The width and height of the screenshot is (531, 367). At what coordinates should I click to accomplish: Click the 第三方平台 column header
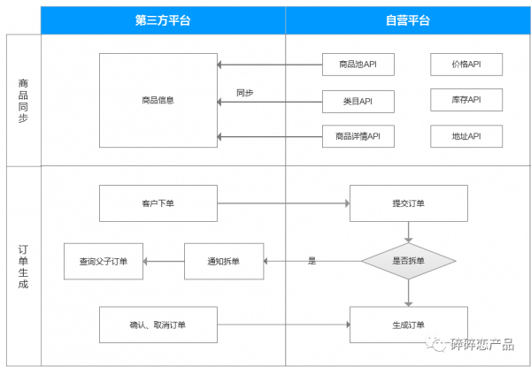pyautogui.click(x=163, y=20)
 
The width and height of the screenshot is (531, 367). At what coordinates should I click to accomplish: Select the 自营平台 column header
pyautogui.click(x=408, y=20)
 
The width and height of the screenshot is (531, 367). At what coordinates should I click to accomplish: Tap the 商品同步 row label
pyautogui.click(x=23, y=101)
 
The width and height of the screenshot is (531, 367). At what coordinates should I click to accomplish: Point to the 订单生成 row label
pyautogui.click(x=23, y=266)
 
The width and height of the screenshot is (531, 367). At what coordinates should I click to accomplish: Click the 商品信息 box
pyautogui.click(x=158, y=100)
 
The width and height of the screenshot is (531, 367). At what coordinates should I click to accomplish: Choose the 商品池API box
pyautogui.click(x=358, y=65)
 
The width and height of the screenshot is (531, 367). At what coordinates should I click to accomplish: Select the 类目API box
pyautogui.click(x=358, y=102)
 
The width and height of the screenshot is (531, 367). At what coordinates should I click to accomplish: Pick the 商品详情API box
pyautogui.click(x=358, y=136)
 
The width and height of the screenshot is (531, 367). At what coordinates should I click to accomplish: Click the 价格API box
pyautogui.click(x=466, y=65)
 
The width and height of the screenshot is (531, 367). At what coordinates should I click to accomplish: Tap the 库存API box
pyautogui.click(x=466, y=100)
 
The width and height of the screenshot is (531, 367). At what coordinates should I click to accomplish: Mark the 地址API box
pyautogui.click(x=466, y=136)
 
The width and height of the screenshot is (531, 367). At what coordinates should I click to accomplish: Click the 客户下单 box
pyautogui.click(x=158, y=203)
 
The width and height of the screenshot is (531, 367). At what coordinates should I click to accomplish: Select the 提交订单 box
pyautogui.click(x=409, y=203)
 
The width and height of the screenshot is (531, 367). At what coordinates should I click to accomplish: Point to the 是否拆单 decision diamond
pyautogui.click(x=409, y=261)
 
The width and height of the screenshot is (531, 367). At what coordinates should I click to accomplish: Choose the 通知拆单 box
pyautogui.click(x=224, y=261)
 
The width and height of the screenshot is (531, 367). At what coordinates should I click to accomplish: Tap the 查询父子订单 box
pyautogui.click(x=104, y=261)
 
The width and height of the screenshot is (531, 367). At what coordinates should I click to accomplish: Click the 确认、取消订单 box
pyautogui.click(x=158, y=325)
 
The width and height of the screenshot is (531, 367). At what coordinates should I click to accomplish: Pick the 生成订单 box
pyautogui.click(x=409, y=325)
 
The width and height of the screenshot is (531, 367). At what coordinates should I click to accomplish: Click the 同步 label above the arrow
pyautogui.click(x=245, y=93)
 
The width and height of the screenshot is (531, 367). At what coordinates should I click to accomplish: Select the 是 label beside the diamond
pyautogui.click(x=312, y=261)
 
